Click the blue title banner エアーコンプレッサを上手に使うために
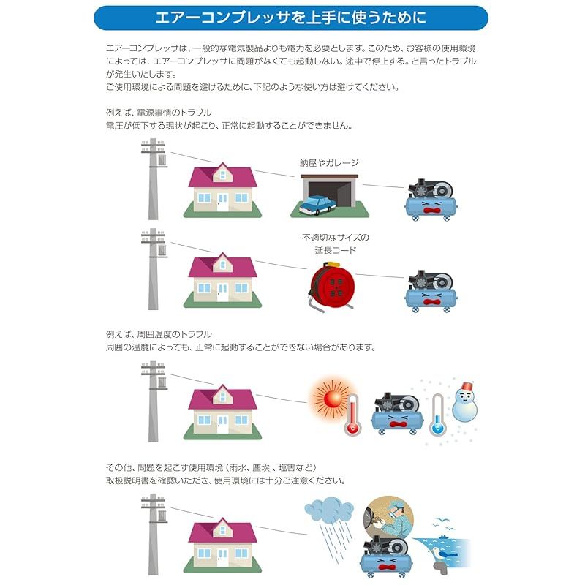[x=290, y=18]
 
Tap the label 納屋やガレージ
[x=329, y=162]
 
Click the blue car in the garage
[x=317, y=205]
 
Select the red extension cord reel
[x=332, y=286]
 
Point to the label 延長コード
[x=336, y=250]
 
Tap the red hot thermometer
[x=352, y=415]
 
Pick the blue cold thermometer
[x=437, y=415]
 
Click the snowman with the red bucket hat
[x=465, y=401]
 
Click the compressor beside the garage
[x=431, y=200]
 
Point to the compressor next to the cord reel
[x=431, y=291]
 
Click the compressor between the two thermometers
[x=397, y=413]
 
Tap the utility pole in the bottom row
[x=154, y=535]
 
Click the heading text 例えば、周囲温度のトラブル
[x=159, y=334]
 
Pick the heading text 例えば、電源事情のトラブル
[x=159, y=113]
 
